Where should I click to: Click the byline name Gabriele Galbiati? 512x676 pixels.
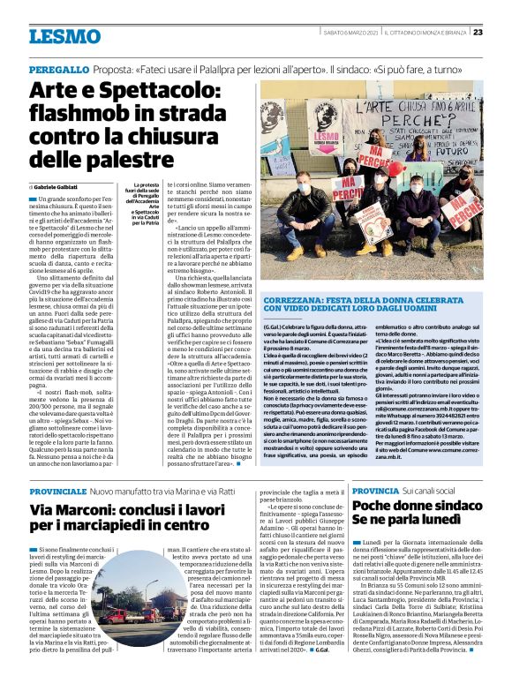pyautogui.click(x=56, y=188)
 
